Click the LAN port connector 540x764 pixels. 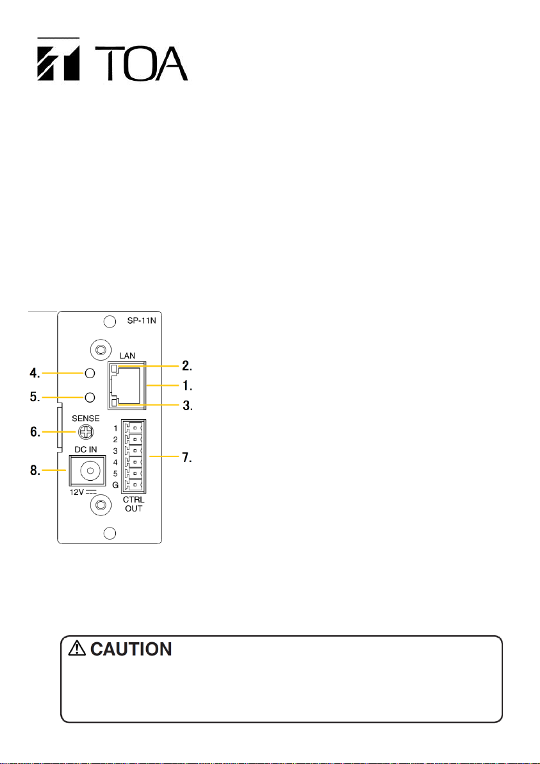click(x=130, y=385)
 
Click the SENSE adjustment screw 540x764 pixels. click(x=83, y=433)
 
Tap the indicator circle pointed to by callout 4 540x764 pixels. click(x=90, y=373)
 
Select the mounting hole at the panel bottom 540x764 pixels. click(x=110, y=533)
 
